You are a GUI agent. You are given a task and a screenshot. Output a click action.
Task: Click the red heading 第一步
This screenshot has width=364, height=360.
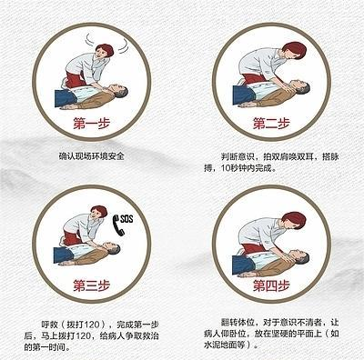pyautogui.click(x=91, y=124)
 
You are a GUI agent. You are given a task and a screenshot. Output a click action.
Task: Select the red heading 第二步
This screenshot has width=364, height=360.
pyautogui.click(x=271, y=124)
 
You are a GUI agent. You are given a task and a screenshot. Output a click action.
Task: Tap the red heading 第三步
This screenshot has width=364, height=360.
pyautogui.click(x=91, y=285)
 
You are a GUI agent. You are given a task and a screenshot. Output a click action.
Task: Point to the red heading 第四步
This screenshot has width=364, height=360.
pyautogui.click(x=271, y=285)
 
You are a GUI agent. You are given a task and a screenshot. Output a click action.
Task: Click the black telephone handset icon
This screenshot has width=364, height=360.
pyautogui.click(x=118, y=225)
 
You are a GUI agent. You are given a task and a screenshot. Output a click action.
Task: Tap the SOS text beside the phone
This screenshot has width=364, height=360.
pyautogui.click(x=126, y=219)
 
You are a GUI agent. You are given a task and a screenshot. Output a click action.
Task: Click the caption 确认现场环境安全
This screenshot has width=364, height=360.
pyautogui.click(x=91, y=156)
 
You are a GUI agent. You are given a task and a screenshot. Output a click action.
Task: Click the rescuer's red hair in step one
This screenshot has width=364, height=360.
pyautogui.click(x=106, y=49)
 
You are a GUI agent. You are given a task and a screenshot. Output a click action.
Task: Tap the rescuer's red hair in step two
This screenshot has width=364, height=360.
pyautogui.click(x=293, y=50)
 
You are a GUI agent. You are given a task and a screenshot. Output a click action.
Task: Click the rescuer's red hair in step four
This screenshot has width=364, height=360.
pyautogui.click(x=294, y=220)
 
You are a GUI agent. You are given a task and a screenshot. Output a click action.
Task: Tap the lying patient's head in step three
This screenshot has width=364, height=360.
pyautogui.click(x=112, y=248)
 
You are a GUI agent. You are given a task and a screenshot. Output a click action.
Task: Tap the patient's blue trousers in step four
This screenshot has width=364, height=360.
pyautogui.click(x=244, y=265)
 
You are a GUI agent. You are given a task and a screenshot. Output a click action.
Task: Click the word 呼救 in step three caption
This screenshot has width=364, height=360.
pyautogui.click(x=49, y=325)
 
